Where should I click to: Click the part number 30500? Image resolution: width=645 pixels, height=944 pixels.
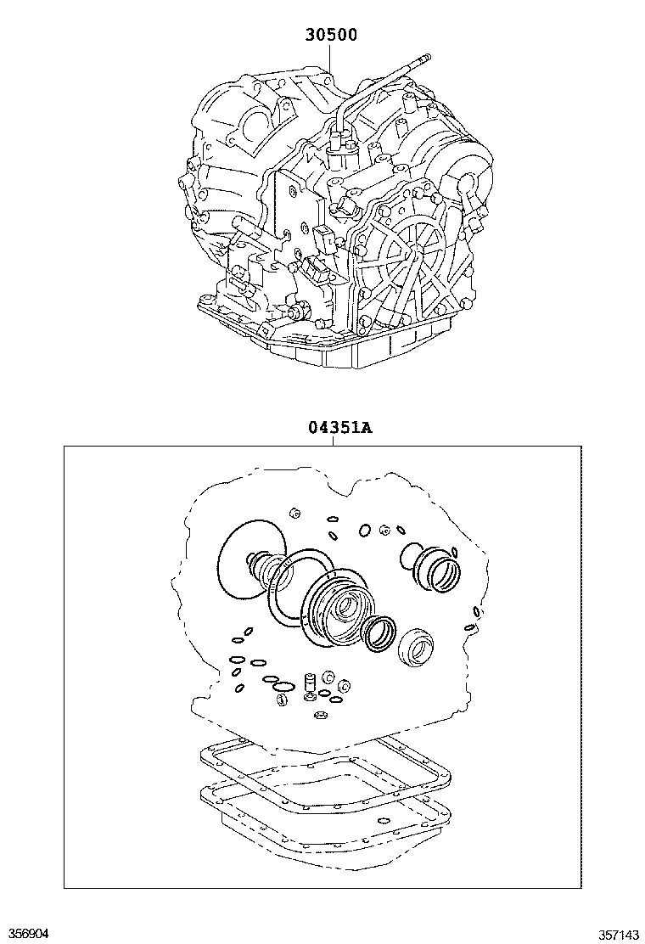(330, 36)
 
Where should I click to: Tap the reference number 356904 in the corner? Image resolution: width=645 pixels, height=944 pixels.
(25, 933)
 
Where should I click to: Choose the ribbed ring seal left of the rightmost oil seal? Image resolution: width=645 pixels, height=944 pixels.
(378, 633)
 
